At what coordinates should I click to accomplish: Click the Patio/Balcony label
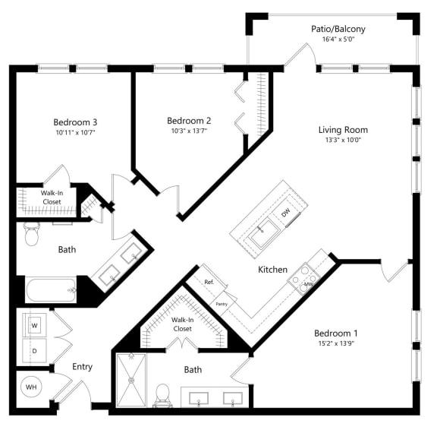[x=338, y=30]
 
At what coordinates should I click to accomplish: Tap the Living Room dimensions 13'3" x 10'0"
[x=343, y=141]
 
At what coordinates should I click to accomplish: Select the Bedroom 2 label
[x=188, y=120]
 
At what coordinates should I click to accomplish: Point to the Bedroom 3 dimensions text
[x=74, y=133]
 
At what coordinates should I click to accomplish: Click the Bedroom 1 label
[x=335, y=333]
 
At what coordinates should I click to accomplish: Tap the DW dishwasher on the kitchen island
[x=285, y=213]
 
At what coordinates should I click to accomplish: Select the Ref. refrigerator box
[x=210, y=282]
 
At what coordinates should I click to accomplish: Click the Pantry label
[x=222, y=302]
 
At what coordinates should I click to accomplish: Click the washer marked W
[x=34, y=325]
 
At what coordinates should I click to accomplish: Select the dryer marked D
[x=34, y=350]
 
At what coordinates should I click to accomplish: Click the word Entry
[x=82, y=367]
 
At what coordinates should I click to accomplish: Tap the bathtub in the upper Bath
[x=51, y=290]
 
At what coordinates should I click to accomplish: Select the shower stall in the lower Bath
[x=132, y=381]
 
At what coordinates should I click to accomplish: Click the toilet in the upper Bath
[x=31, y=235]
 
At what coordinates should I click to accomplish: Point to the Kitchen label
[x=272, y=270]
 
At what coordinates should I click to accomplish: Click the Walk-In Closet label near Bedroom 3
[x=51, y=198]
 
